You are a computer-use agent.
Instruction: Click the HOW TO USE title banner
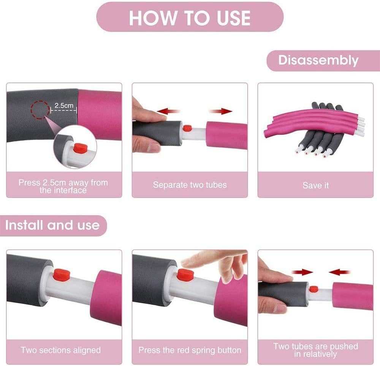190,18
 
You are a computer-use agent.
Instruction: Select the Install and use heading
52,225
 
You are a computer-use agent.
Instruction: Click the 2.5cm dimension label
64,106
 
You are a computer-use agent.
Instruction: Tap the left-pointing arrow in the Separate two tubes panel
168,111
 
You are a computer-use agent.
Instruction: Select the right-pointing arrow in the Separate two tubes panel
220,111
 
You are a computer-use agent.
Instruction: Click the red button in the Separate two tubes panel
187,128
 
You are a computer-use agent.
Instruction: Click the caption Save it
315,185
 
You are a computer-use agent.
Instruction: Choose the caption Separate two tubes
190,185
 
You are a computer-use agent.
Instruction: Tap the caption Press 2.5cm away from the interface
63,186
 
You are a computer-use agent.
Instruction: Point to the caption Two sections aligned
61,350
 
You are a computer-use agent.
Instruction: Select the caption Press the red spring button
190,350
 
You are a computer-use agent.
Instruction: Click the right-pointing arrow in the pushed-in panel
302,272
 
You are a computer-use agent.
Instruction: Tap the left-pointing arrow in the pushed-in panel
339,272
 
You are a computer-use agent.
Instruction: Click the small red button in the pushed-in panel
313,289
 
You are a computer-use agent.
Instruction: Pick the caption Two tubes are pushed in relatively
315,350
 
